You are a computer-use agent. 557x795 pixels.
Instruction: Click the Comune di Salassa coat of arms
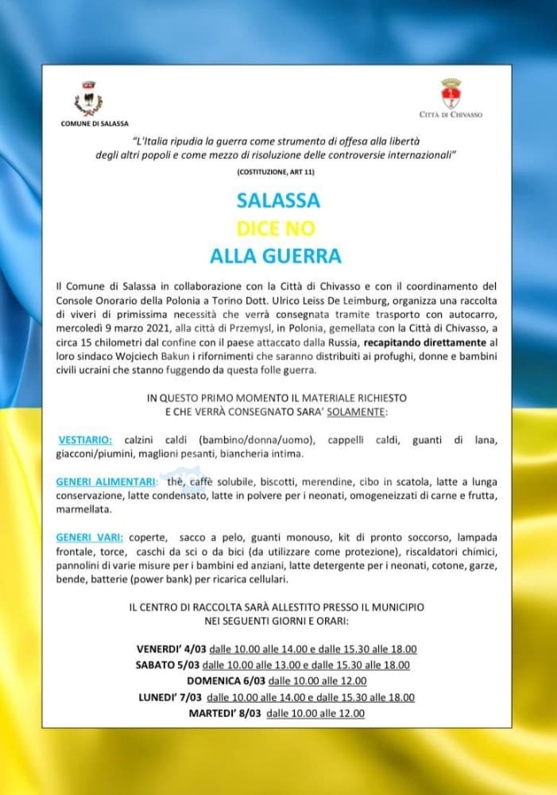click(88, 100)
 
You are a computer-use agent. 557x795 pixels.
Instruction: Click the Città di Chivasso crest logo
click(451, 95)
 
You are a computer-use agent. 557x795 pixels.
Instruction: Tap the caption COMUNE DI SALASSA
click(88, 123)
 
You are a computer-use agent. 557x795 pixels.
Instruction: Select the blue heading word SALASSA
click(278, 200)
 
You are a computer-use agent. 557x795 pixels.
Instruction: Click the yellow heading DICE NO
click(277, 228)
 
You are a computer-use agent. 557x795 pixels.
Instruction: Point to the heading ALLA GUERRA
click(276, 256)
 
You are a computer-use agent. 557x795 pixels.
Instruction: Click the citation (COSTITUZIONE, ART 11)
click(275, 172)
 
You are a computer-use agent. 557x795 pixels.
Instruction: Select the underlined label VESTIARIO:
click(85, 440)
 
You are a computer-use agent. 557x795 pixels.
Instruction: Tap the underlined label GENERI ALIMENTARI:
click(106, 482)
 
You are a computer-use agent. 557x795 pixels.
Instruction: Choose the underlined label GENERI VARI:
click(89, 537)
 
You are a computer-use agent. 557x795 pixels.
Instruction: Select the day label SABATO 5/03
click(168, 665)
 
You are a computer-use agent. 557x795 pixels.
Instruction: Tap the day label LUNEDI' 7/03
click(168, 697)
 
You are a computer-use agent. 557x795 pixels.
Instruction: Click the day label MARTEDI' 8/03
click(225, 713)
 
